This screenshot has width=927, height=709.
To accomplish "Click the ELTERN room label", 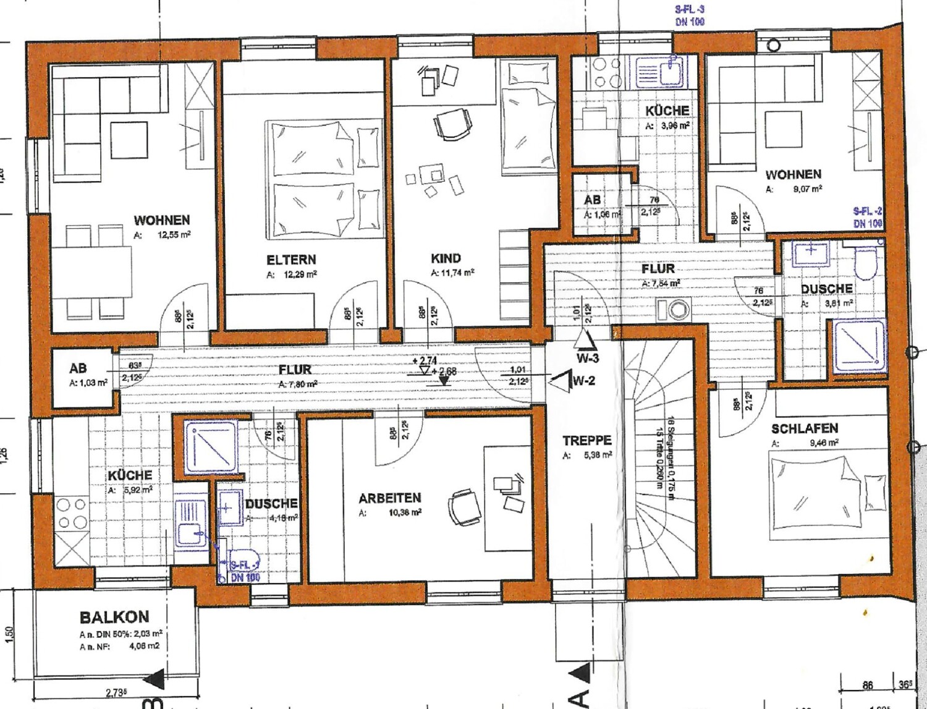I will click(291, 260).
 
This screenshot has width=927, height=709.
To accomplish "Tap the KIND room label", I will click(446, 258).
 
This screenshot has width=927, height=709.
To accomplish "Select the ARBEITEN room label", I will click(389, 498).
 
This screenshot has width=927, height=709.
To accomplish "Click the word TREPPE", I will click(586, 440).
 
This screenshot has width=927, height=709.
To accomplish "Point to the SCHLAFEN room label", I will click(804, 428).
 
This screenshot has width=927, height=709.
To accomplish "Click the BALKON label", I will click(114, 617).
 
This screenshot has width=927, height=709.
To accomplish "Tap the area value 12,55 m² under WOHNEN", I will click(174, 235).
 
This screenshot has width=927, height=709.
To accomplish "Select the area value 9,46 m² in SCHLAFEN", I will click(824, 443).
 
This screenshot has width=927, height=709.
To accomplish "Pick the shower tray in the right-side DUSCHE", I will click(859, 346).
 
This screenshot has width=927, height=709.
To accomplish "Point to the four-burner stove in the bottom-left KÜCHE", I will click(72, 514).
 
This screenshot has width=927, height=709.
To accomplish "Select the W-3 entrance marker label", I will click(587, 359).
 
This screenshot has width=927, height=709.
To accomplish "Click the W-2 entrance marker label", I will click(583, 380).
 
